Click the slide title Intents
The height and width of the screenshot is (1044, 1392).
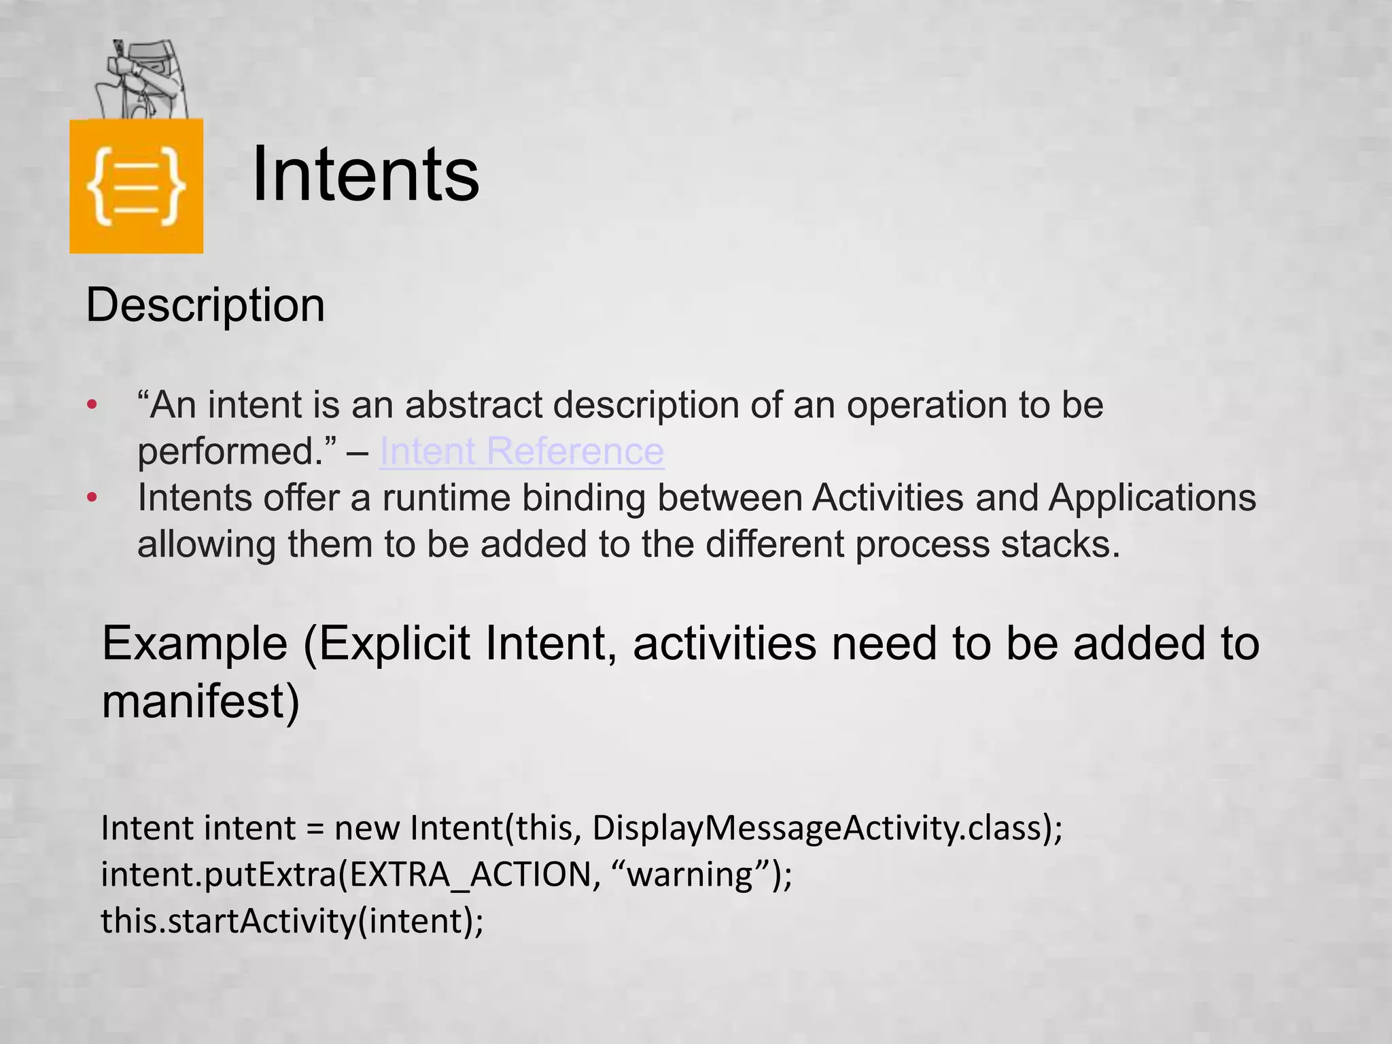(x=365, y=175)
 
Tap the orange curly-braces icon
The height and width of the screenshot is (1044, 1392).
(x=136, y=186)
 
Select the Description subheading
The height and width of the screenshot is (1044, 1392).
(x=205, y=305)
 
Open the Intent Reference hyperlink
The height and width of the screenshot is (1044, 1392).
(x=521, y=451)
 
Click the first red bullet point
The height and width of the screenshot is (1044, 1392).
(x=92, y=406)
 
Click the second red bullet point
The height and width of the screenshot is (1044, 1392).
(x=92, y=498)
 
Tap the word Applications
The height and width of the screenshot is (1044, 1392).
(x=1152, y=498)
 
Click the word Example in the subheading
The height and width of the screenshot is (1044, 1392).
(x=195, y=644)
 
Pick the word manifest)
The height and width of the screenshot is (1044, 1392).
(x=201, y=701)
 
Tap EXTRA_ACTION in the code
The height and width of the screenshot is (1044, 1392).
(x=470, y=875)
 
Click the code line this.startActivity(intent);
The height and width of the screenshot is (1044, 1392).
(x=292, y=922)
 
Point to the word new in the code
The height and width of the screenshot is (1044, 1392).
(x=367, y=829)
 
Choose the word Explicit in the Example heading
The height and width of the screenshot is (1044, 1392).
(x=395, y=644)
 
